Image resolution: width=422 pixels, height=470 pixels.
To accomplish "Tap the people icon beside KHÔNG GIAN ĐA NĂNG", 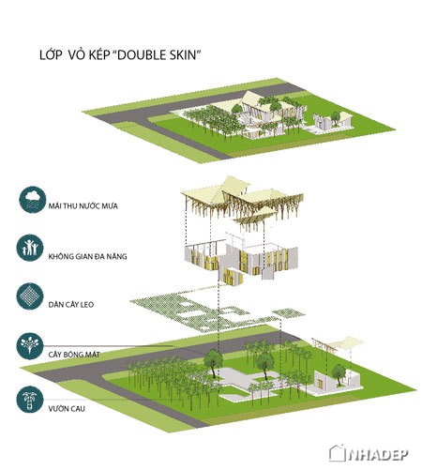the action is [30, 248].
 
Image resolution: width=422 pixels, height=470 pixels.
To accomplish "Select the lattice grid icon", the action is [30, 296].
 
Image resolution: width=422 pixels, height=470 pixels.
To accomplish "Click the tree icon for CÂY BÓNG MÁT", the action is [30, 346].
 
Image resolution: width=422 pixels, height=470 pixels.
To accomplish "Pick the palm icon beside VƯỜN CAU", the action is [30, 400].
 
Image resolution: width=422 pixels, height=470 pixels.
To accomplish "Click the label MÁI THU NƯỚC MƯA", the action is [83, 206].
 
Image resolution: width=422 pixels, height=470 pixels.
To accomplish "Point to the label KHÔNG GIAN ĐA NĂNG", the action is [87, 256].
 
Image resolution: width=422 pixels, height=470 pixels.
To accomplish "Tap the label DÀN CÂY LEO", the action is [71, 304].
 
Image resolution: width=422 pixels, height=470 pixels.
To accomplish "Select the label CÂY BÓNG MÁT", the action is [74, 355].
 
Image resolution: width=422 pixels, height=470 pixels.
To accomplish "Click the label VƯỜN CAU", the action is [67, 408].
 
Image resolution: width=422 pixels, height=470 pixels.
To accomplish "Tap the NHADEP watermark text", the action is [378, 454].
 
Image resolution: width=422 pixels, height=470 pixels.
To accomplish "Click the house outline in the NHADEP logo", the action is [337, 453].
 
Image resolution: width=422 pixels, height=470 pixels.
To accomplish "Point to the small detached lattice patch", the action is [289, 312].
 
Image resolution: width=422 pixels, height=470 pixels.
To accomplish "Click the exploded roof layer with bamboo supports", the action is [242, 204].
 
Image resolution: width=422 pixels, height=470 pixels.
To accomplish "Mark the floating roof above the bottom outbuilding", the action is [338, 344].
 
